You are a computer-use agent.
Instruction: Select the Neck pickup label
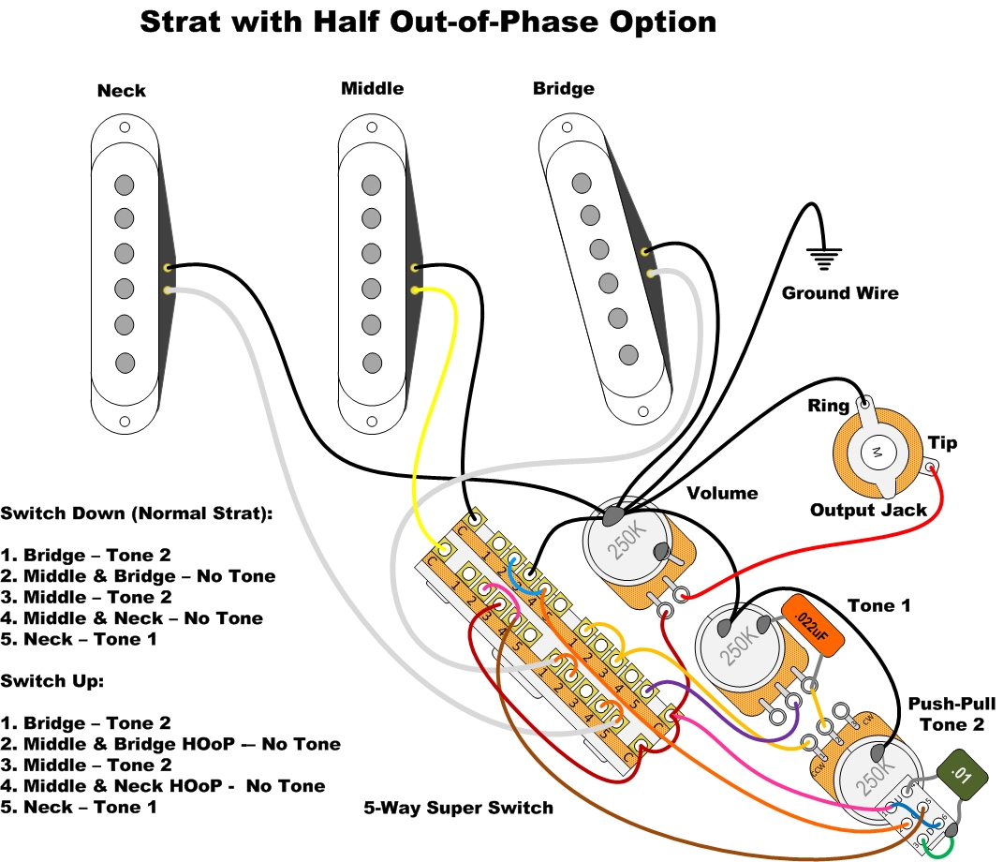click(122, 91)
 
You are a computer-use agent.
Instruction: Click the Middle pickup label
click(372, 89)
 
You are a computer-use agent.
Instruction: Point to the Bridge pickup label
click(563, 89)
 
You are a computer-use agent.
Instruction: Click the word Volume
click(722, 493)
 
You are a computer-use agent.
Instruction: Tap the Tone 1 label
click(878, 606)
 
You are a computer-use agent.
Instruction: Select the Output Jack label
click(868, 511)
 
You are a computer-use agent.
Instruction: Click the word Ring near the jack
click(828, 406)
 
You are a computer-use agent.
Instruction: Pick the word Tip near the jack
click(942, 443)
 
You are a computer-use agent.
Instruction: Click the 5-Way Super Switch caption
click(459, 808)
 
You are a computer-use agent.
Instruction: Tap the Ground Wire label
click(840, 293)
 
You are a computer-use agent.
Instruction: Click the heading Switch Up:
click(52, 681)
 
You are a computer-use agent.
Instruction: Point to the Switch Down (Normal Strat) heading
click(137, 513)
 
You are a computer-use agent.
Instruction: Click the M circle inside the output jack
click(878, 453)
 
